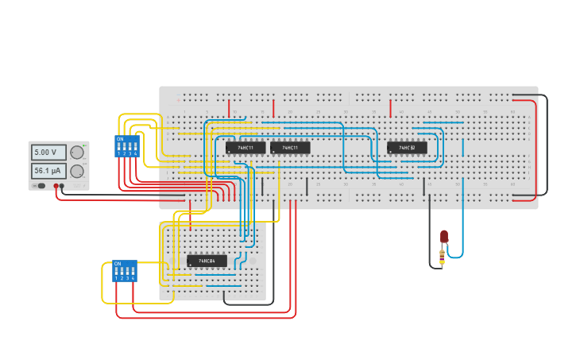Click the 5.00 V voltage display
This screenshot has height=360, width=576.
pyautogui.click(x=48, y=152)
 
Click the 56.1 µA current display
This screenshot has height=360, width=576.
pyautogui.click(x=48, y=171)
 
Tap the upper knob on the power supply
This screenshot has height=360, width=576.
pyautogui.click(x=77, y=152)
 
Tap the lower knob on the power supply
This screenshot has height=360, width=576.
pyautogui.click(x=77, y=171)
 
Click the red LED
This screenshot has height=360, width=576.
pyautogui.click(x=444, y=237)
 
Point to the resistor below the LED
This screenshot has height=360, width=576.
pyautogui.click(x=443, y=255)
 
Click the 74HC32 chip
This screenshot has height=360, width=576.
pyautogui.click(x=407, y=148)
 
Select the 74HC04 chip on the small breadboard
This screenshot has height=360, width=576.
pyautogui.click(x=207, y=261)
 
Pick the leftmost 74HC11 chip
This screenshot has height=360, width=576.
pyautogui.click(x=245, y=148)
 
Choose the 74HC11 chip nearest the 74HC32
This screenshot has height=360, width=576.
pyautogui.click(x=290, y=148)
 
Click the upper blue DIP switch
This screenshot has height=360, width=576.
pyautogui.click(x=127, y=146)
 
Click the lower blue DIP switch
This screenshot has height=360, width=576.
pyautogui.click(x=125, y=271)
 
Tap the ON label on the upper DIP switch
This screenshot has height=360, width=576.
pyautogui.click(x=120, y=139)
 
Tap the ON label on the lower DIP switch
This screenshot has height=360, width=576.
pyautogui.click(x=118, y=264)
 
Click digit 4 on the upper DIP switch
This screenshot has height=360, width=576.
pyautogui.click(x=136, y=153)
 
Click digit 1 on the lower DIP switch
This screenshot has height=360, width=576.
pyautogui.click(x=116, y=278)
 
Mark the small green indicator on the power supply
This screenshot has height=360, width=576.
pyautogui.click(x=84, y=145)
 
